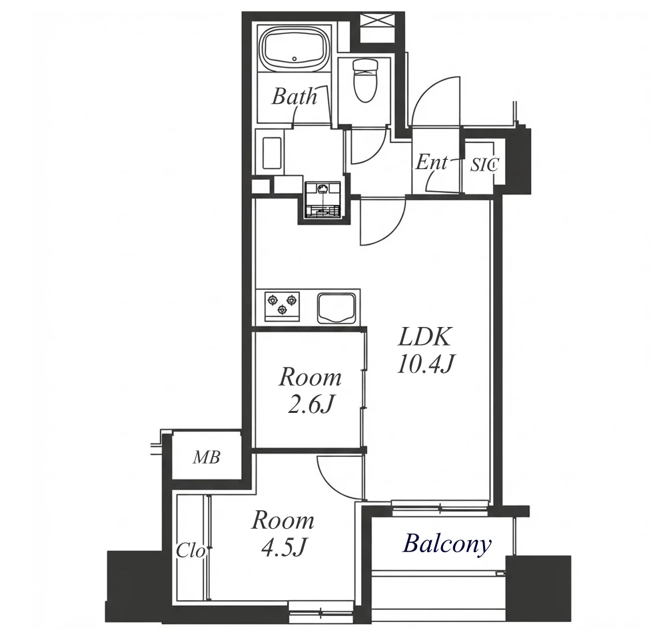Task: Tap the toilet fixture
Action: [365, 80]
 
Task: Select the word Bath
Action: [295, 97]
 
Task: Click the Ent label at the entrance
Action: [431, 162]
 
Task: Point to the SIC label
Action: [484, 164]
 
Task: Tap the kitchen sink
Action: [336, 308]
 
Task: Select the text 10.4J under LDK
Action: [425, 364]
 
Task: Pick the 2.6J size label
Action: [310, 406]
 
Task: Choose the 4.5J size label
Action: [283, 549]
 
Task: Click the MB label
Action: [207, 458]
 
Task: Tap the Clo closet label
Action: [191, 551]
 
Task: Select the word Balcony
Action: [447, 544]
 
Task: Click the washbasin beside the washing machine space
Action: [272, 153]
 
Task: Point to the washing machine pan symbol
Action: [323, 200]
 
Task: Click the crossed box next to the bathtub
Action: [377, 28]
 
